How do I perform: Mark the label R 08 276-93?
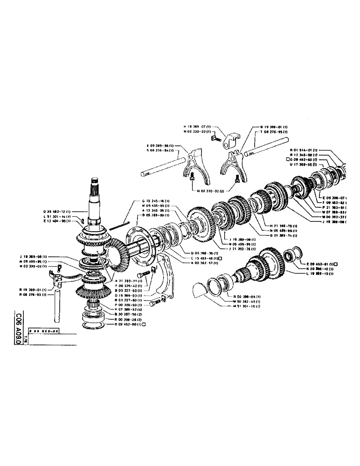tap(35, 281)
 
